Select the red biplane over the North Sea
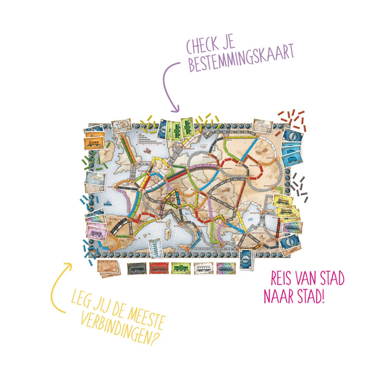[148, 151]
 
